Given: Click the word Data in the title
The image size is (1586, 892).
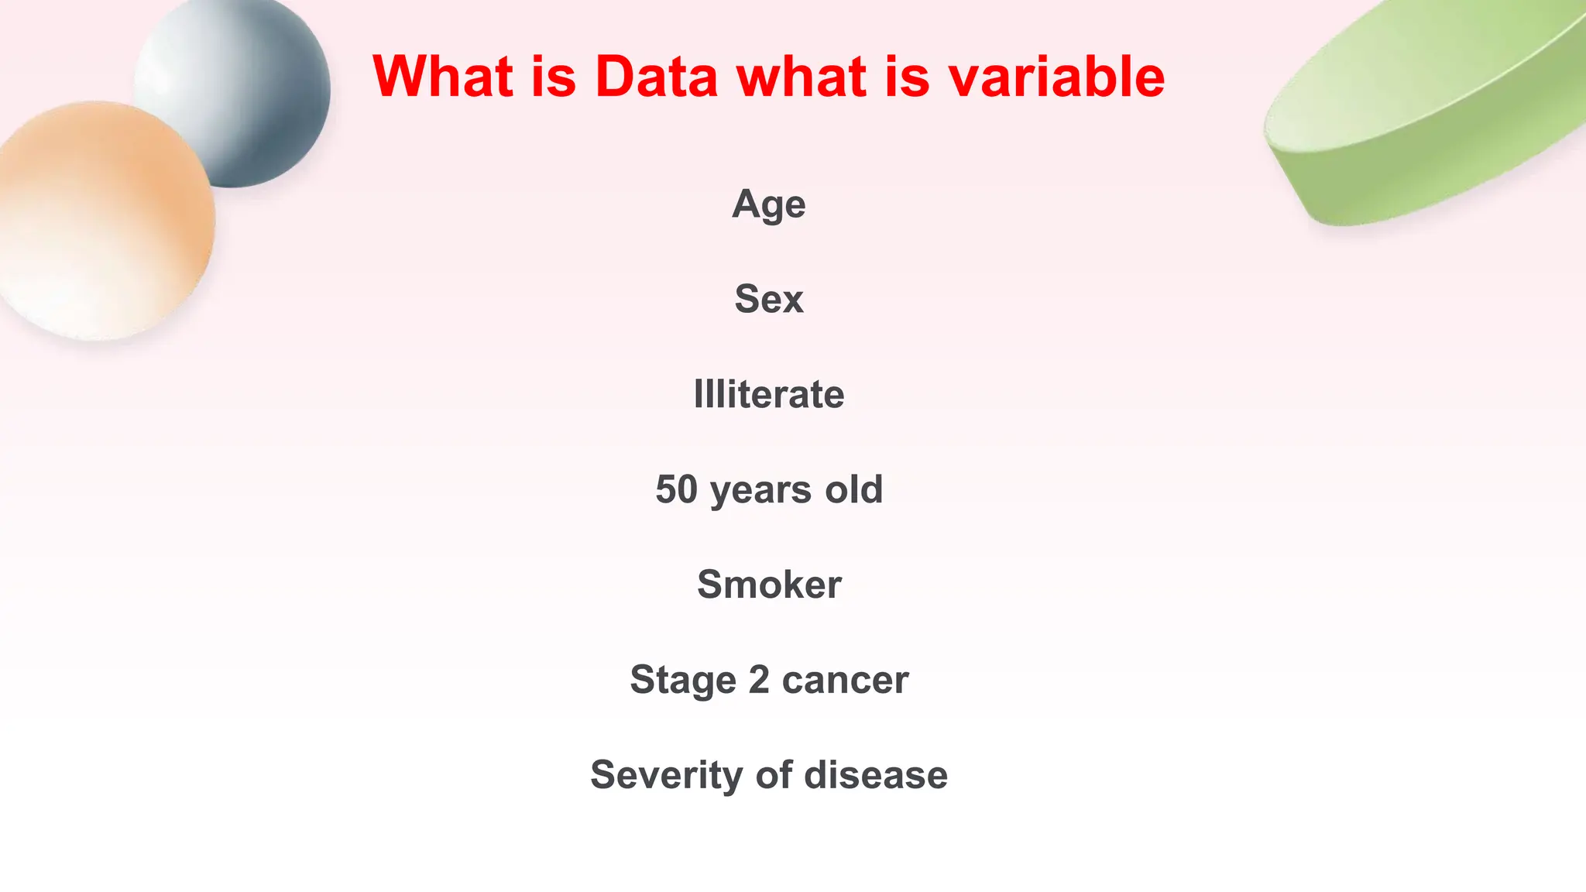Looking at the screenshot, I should click(x=657, y=77).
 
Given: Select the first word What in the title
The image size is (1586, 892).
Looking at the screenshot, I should click(x=442, y=77).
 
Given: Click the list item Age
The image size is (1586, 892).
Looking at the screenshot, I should click(x=769, y=205).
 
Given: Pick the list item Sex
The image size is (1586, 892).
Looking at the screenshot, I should click(x=769, y=299).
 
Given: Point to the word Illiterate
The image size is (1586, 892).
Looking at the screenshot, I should click(x=769, y=394).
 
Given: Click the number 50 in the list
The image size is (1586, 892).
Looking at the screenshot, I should click(x=676, y=489).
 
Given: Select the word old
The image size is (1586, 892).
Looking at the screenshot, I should click(x=853, y=489).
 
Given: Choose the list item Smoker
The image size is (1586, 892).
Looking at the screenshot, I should click(x=769, y=585).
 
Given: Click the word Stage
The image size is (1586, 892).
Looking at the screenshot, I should click(x=682, y=681).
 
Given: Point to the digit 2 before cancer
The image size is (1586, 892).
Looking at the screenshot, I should click(x=759, y=679).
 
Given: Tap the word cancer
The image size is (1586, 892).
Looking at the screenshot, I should click(x=845, y=681).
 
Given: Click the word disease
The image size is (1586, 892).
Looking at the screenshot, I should click(x=876, y=775).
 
